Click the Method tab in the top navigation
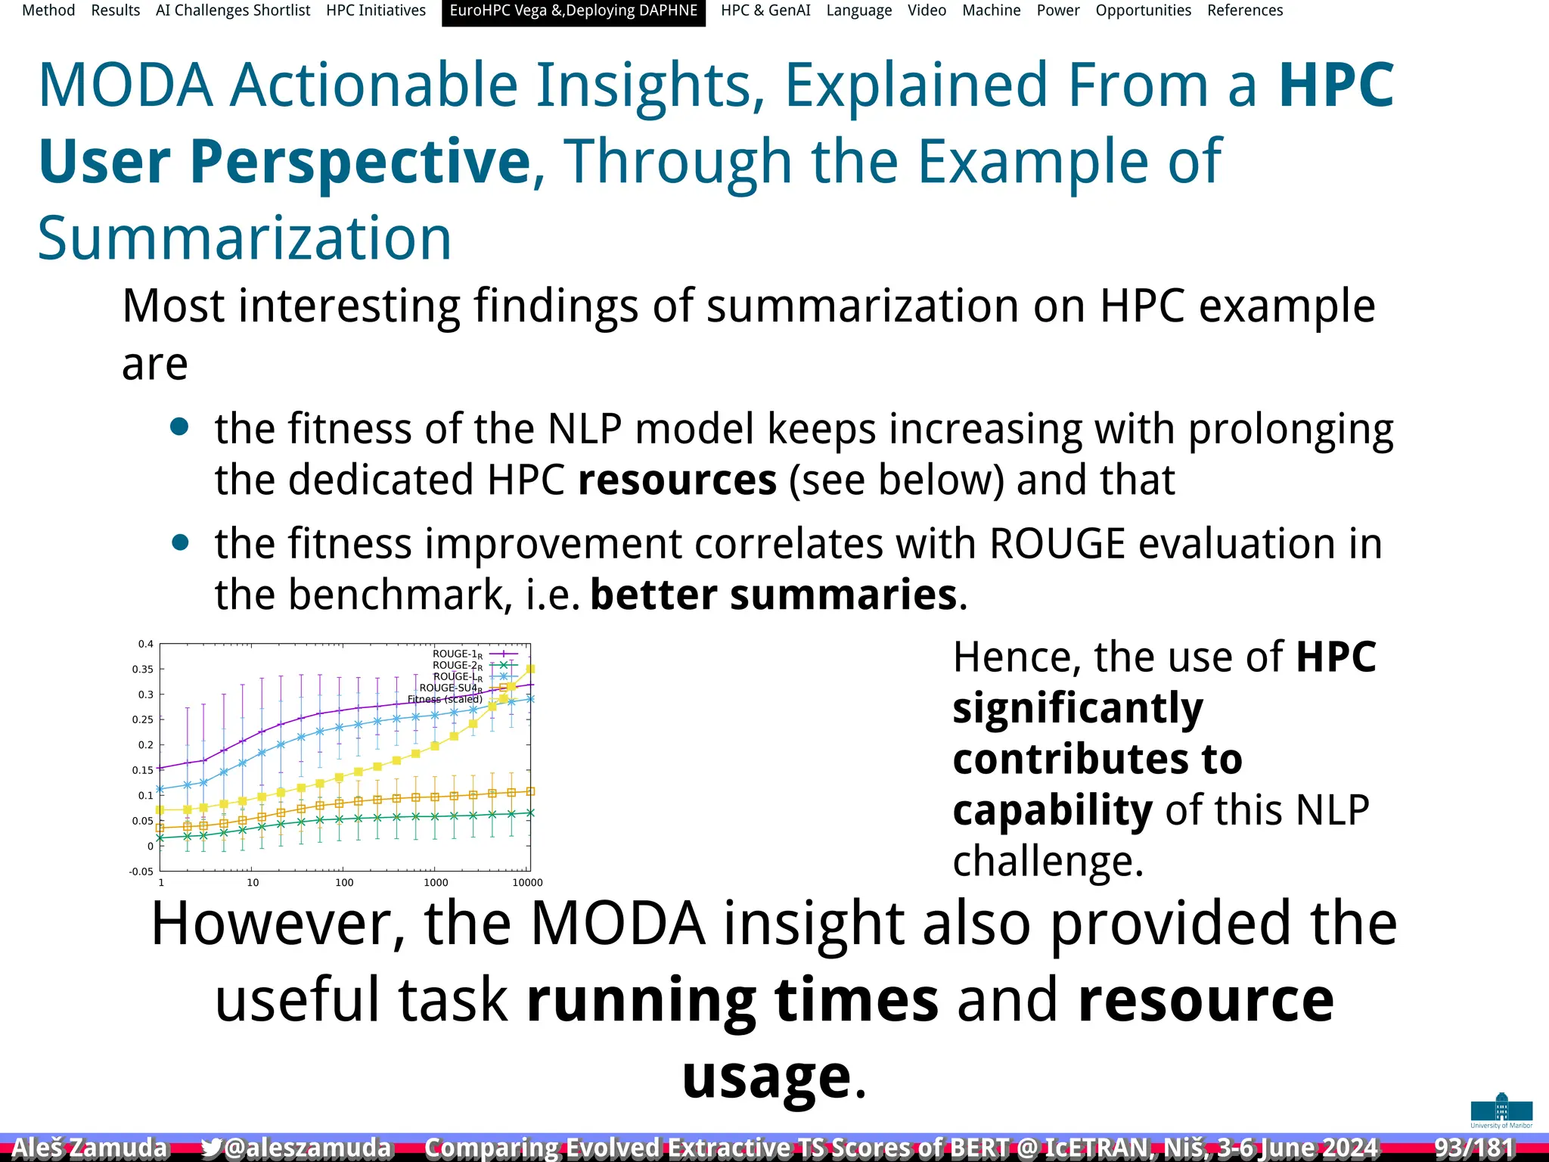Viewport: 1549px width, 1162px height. click(48, 11)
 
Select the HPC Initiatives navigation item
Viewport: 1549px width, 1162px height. click(376, 11)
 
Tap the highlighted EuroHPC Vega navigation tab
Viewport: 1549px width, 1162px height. click(573, 11)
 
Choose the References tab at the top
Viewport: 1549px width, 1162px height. click(1244, 11)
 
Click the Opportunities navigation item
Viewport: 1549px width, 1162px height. click(1143, 11)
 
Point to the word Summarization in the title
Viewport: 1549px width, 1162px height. click(244, 238)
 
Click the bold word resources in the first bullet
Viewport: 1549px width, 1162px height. click(677, 480)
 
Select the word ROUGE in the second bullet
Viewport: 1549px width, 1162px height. click(1057, 544)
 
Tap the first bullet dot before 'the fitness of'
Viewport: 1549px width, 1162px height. click(179, 427)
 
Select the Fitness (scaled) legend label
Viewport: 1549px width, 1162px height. click(445, 699)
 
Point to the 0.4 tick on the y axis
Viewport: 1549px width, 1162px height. click(145, 645)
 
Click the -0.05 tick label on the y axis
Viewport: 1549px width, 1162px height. click(141, 871)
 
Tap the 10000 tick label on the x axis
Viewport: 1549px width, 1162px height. click(527, 883)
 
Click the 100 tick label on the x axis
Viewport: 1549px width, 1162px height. click(344, 883)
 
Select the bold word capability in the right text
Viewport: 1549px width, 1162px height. click(1052, 810)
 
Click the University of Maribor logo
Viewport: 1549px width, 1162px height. click(1501, 1110)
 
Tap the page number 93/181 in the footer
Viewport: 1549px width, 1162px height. click(1474, 1148)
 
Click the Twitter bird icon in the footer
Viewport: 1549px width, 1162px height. click(212, 1148)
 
